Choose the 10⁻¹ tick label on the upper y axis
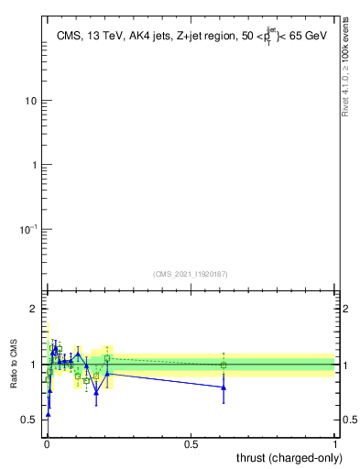pos(27,229)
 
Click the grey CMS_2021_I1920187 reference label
pos(191,273)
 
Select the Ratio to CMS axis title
pos(15,364)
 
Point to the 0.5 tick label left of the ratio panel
pos(29,420)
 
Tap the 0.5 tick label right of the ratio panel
pos(350,420)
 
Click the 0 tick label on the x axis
pos(47,444)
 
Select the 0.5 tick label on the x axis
pos(191,444)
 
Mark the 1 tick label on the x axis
pos(335,444)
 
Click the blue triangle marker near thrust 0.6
pos(224,387)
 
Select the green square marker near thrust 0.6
pos(224,365)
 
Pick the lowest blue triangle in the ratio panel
pos(48,414)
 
